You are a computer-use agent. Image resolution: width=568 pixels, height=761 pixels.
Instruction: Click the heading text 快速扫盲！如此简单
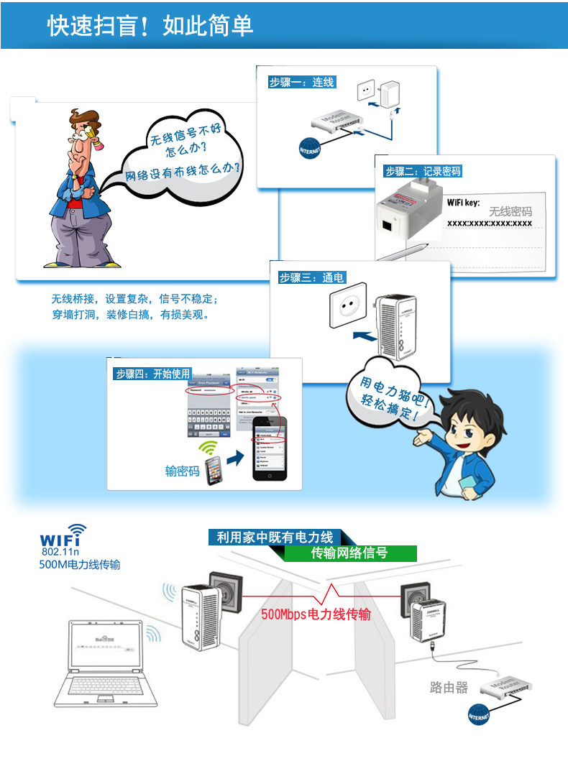(x=150, y=26)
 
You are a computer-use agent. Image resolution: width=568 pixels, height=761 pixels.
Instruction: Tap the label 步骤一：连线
(x=301, y=83)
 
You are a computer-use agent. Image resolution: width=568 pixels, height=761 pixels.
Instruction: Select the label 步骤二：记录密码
(x=422, y=171)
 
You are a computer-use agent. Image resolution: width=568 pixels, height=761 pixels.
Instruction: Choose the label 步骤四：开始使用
(x=152, y=374)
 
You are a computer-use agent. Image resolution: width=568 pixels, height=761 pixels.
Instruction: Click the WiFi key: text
(x=463, y=203)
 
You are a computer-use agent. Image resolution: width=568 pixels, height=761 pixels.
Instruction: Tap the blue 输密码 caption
(x=183, y=471)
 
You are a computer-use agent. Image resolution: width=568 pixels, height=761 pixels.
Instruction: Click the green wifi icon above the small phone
(x=209, y=448)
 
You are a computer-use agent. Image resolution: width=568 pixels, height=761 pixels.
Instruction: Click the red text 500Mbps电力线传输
(x=316, y=614)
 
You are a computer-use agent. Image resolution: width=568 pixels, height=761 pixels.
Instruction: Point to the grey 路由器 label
(x=449, y=688)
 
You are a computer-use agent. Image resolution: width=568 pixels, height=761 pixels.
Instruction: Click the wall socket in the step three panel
(x=347, y=310)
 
